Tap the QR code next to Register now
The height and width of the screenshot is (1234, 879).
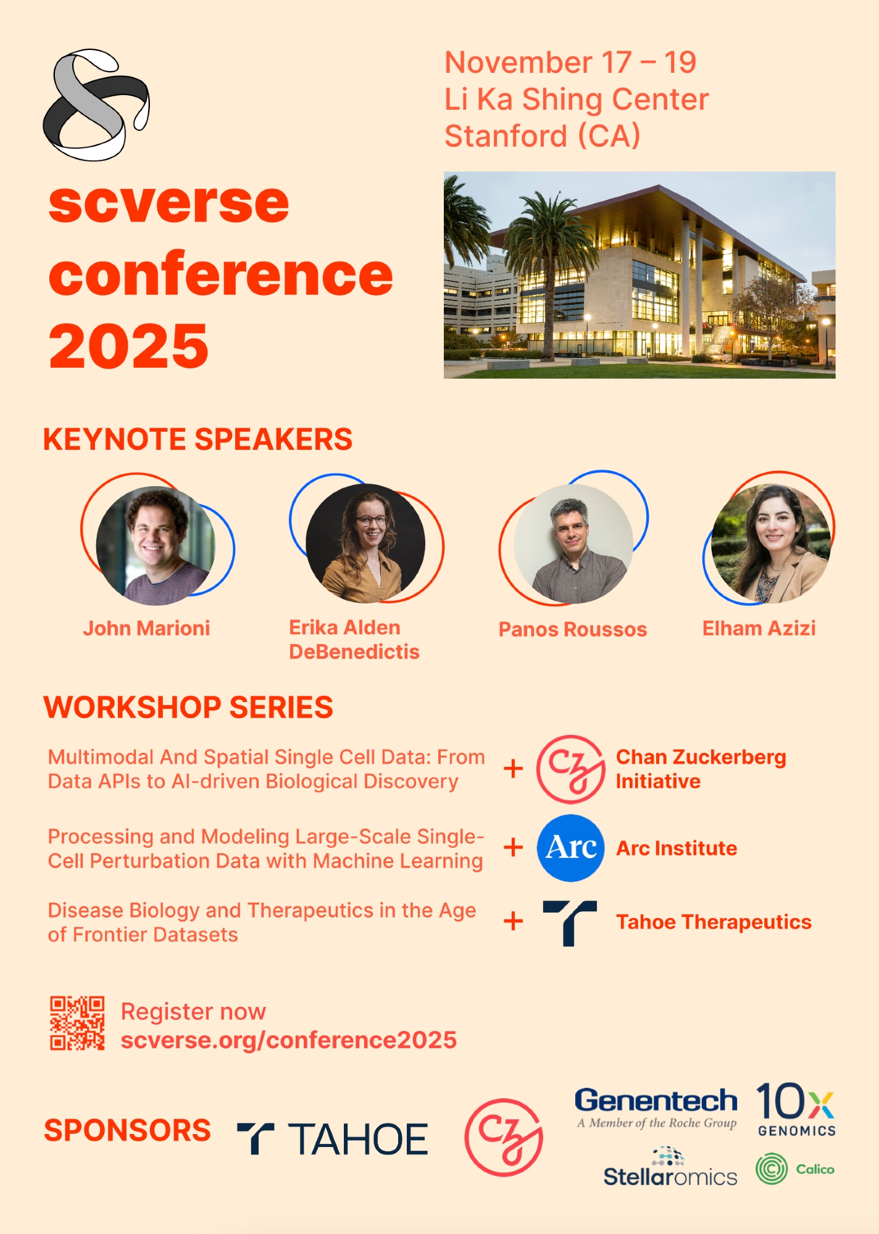(x=77, y=1023)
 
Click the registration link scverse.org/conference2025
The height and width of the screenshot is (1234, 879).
(x=288, y=1040)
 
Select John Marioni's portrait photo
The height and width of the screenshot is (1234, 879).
(x=156, y=545)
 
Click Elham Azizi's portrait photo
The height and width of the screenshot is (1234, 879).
(x=770, y=543)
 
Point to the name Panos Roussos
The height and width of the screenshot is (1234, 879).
(x=572, y=629)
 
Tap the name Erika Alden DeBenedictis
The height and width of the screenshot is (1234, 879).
(x=354, y=640)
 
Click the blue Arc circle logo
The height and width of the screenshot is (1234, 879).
(x=570, y=848)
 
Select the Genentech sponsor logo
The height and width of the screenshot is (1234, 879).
(x=656, y=1108)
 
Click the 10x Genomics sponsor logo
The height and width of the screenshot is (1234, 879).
(x=796, y=1109)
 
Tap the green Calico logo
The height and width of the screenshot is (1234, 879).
(x=795, y=1169)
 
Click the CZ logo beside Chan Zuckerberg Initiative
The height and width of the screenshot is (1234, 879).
(x=570, y=769)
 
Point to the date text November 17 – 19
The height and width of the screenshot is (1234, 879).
(x=570, y=62)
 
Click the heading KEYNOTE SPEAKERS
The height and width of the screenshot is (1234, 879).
(x=198, y=439)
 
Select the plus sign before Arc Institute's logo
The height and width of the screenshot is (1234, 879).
(x=513, y=847)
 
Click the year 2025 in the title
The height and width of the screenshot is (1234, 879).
(x=128, y=346)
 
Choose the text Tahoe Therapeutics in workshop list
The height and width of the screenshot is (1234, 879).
(x=714, y=922)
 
